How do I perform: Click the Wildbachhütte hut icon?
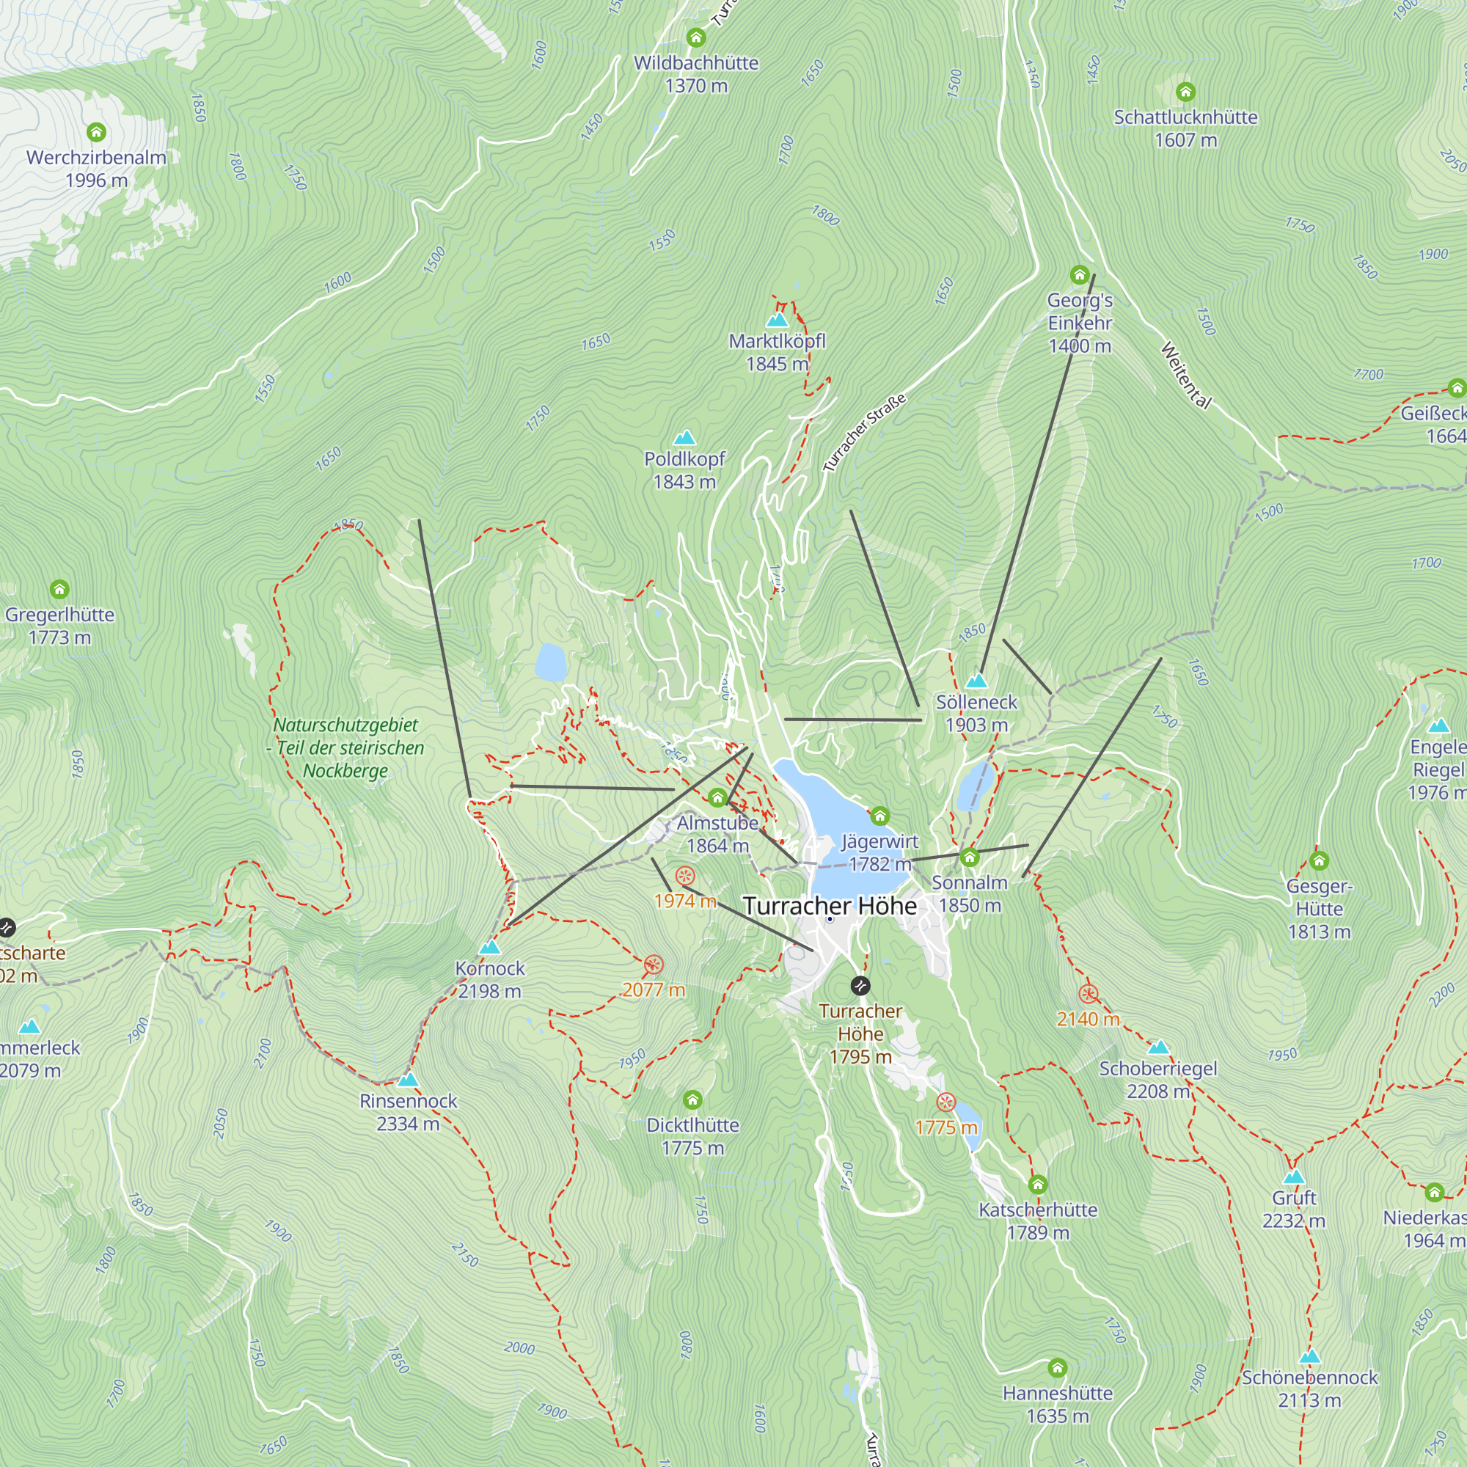[x=695, y=37]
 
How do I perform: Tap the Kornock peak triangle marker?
[x=490, y=948]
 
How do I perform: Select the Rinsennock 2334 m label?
[x=408, y=1112]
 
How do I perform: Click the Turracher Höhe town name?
[x=829, y=906]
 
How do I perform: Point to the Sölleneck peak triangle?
[x=976, y=681]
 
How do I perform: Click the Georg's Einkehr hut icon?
[x=1079, y=274]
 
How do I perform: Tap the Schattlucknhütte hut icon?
[x=1185, y=92]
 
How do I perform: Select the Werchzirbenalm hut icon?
[x=95, y=132]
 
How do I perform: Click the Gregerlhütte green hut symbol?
[x=59, y=589]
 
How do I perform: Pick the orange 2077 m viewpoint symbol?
[x=653, y=965]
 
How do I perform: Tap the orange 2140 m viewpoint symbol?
[x=1088, y=994]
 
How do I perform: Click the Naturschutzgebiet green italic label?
[x=345, y=747]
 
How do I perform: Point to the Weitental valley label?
[x=1185, y=375]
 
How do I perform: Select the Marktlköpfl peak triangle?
[x=777, y=320]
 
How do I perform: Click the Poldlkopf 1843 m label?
[x=684, y=470]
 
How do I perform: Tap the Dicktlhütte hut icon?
[x=692, y=1100]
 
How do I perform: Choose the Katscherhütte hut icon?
[x=1037, y=1185]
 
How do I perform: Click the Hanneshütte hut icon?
[x=1057, y=1368]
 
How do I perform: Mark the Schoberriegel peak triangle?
[x=1158, y=1048]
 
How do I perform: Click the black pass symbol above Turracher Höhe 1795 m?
[x=860, y=986]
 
